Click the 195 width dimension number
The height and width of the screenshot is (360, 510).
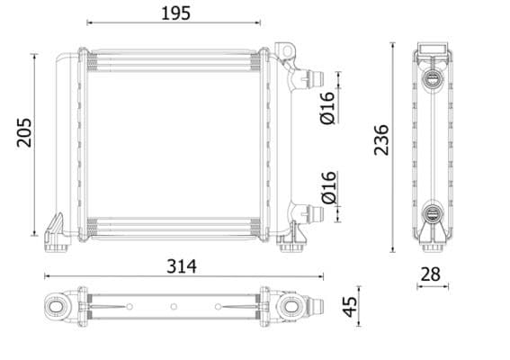coord(174,13)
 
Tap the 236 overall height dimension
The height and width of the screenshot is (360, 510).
coord(381,139)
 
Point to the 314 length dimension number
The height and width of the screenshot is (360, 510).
coord(181,267)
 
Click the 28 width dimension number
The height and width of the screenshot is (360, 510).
coord(434,273)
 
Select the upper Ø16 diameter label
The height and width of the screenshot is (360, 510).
coord(327,108)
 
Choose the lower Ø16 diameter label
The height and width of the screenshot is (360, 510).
coord(327,186)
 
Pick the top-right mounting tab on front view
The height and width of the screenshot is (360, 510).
coord(287,49)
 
